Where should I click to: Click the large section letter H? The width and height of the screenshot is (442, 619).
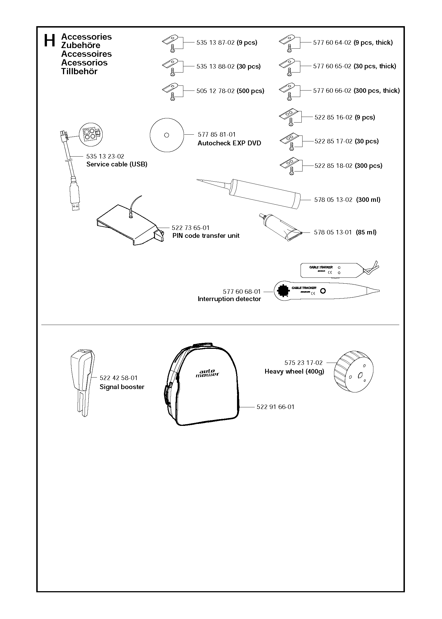click(49, 41)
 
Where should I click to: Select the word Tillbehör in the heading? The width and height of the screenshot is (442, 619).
click(79, 71)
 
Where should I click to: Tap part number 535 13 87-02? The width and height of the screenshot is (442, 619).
click(215, 43)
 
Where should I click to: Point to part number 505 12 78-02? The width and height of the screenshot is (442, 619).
click(215, 91)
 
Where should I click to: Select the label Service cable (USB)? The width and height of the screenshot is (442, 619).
click(117, 164)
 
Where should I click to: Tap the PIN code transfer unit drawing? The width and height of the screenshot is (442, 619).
click(129, 225)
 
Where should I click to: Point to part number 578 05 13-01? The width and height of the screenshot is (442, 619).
click(333, 232)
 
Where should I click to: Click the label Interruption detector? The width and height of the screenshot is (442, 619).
click(229, 299)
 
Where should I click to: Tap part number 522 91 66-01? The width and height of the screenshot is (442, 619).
click(275, 407)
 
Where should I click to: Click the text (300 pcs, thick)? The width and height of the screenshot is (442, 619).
click(377, 91)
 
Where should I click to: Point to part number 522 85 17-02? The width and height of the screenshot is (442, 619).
click(333, 141)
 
